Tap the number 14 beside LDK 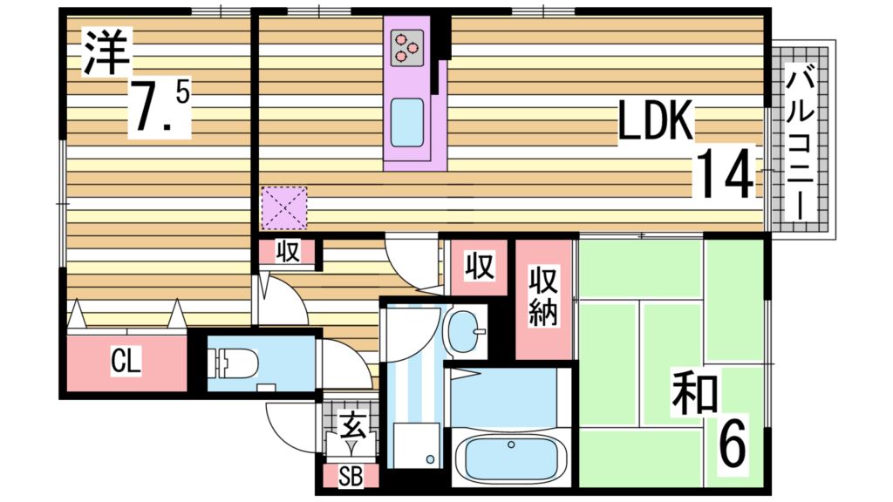click(724, 175)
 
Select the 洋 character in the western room click(106, 51)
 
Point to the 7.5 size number click(158, 107)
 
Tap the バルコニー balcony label click(800, 143)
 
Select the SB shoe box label click(351, 477)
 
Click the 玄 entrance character click(351, 427)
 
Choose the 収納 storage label click(544, 296)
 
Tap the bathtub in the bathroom click(511, 458)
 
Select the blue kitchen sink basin click(406, 122)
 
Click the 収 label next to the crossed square click(288, 252)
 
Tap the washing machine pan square click(412, 445)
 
